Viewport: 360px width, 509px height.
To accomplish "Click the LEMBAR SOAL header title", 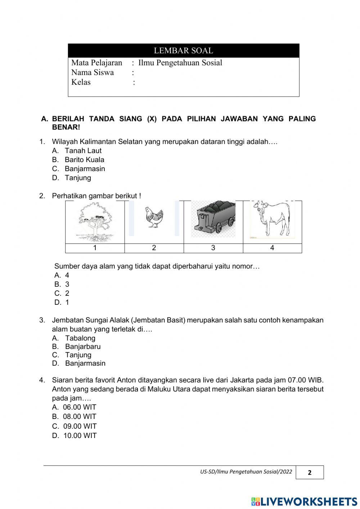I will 183,51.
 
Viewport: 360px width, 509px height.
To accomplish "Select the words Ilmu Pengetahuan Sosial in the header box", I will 180,63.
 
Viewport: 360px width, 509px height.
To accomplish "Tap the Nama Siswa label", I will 93,72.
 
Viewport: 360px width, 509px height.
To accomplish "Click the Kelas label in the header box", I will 81,82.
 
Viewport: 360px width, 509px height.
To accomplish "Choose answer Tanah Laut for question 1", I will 83,151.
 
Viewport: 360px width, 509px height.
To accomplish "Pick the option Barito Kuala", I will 84,160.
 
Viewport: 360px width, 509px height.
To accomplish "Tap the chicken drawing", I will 154,218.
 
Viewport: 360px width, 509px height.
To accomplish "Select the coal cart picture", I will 213,218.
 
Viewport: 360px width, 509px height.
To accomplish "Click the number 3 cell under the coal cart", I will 213,248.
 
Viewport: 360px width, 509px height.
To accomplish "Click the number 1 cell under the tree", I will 95,248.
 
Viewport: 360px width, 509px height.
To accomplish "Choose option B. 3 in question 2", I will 62,284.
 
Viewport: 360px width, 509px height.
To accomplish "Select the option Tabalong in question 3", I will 80,338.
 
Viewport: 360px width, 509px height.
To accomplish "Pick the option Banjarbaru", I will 82,347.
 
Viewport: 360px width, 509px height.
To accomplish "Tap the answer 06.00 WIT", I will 79,407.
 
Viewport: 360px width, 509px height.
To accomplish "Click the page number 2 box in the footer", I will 310,473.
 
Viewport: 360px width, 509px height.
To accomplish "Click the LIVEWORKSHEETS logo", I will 304,501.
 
